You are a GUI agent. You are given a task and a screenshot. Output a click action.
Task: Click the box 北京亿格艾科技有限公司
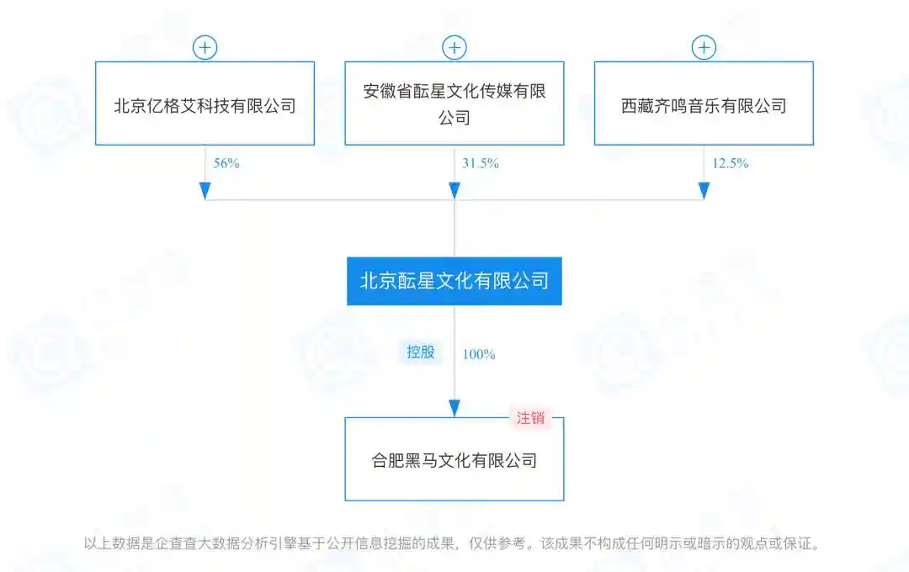pyautogui.click(x=205, y=103)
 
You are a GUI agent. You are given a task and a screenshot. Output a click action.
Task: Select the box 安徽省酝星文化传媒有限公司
pyautogui.click(x=454, y=103)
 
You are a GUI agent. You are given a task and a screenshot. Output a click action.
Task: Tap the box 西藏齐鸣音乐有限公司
pyautogui.click(x=704, y=103)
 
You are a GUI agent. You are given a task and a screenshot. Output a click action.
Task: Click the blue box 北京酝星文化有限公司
pyautogui.click(x=454, y=281)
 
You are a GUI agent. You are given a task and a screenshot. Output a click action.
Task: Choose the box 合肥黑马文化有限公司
pyautogui.click(x=454, y=459)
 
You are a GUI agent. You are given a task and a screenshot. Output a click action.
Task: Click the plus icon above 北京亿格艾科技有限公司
pyautogui.click(x=205, y=47)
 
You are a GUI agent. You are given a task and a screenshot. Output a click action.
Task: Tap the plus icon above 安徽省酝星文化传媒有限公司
pyautogui.click(x=454, y=47)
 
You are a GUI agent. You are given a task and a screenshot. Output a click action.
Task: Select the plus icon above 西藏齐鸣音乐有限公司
pyautogui.click(x=704, y=47)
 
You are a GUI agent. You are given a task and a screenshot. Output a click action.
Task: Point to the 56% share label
pyautogui.click(x=226, y=163)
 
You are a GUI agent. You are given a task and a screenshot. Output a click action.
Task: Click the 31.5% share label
pyautogui.click(x=480, y=163)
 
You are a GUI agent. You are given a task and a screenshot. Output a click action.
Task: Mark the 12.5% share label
pyautogui.click(x=730, y=163)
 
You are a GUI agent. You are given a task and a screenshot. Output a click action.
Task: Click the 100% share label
pyautogui.click(x=479, y=355)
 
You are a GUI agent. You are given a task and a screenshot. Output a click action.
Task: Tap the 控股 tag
pyautogui.click(x=420, y=352)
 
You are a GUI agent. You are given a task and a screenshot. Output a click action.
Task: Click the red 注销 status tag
pyautogui.click(x=530, y=418)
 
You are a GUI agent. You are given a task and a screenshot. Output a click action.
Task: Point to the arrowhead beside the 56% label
pyautogui.click(x=205, y=191)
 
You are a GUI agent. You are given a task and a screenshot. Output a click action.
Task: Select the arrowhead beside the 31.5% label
pyautogui.click(x=454, y=191)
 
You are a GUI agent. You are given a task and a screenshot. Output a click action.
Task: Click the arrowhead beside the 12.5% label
pyautogui.click(x=704, y=191)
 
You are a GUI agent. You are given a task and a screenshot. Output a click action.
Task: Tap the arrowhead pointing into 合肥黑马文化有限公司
pyautogui.click(x=454, y=408)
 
